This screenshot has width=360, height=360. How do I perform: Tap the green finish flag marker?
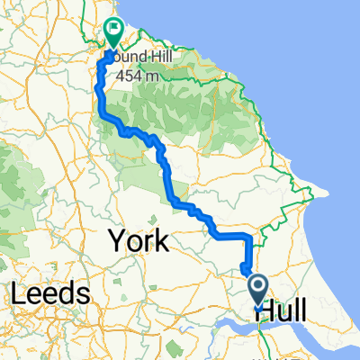114,33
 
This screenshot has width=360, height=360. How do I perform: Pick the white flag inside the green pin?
114,30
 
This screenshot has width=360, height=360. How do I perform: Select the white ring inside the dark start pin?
257,286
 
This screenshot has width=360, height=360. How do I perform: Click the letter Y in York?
117,240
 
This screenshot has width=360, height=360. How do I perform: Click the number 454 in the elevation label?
136,73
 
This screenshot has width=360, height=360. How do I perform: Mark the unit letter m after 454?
160,74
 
